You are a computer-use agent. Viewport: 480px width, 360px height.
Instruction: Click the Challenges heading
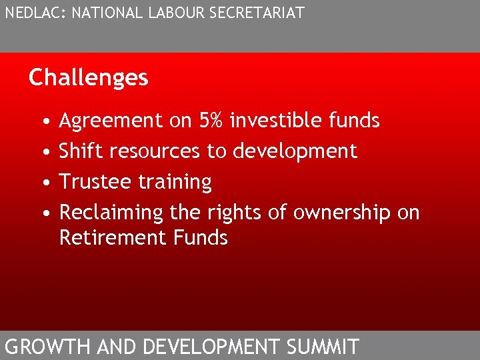pyautogui.click(x=88, y=78)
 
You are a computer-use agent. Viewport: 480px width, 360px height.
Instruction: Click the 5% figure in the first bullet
pyautogui.click(x=211, y=121)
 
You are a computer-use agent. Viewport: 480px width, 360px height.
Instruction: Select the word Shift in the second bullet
pyautogui.click(x=81, y=151)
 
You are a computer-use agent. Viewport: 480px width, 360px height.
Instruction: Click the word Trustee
pyautogui.click(x=95, y=182)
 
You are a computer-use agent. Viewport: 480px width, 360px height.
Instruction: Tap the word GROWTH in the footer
pyautogui.click(x=48, y=347)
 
